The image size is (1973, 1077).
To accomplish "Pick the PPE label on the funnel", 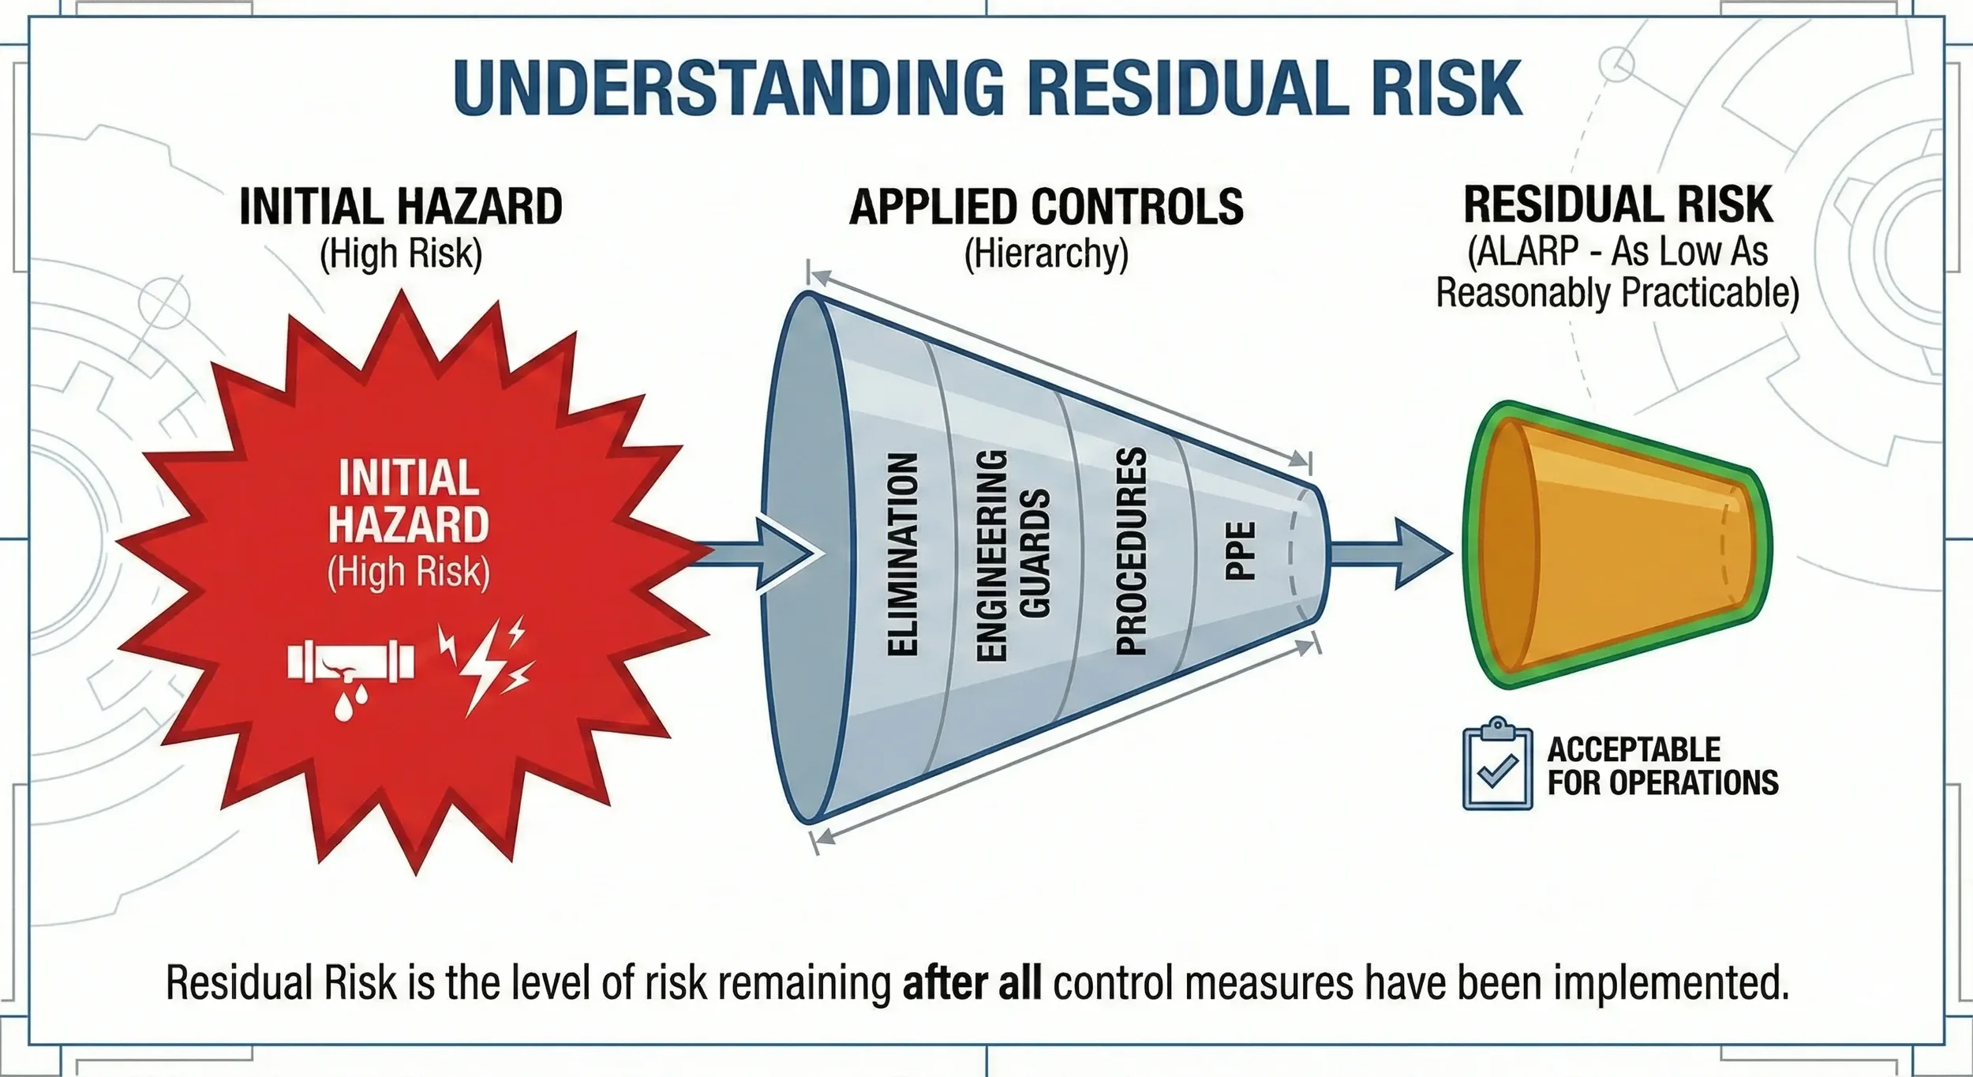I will click(x=1241, y=551).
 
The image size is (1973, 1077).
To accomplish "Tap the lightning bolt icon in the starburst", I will click(x=485, y=663).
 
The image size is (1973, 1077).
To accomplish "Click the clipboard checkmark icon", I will click(x=1497, y=764).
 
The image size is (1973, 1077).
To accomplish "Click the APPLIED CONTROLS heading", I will click(x=1046, y=207).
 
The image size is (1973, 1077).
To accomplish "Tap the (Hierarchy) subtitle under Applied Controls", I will click(x=1046, y=254).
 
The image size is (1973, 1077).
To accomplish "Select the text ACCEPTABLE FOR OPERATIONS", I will click(x=1662, y=766).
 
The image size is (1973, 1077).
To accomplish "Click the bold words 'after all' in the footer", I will click(x=972, y=983).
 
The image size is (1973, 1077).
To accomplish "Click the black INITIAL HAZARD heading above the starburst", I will click(x=401, y=207).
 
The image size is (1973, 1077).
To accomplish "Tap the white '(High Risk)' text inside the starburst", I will click(x=408, y=572).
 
